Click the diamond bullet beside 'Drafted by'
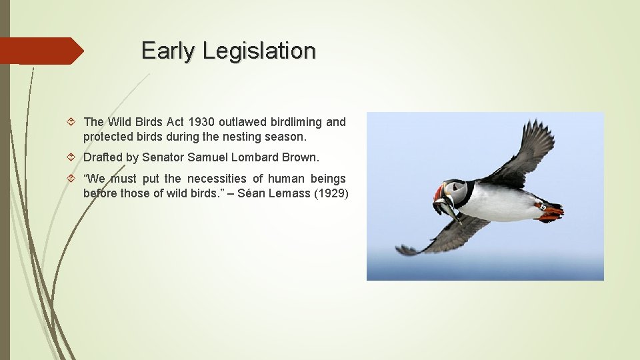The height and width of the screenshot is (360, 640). point(73,158)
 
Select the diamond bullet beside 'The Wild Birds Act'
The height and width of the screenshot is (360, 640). point(73,122)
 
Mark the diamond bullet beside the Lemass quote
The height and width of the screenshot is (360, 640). point(73,179)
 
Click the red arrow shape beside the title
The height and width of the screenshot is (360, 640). point(40,51)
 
